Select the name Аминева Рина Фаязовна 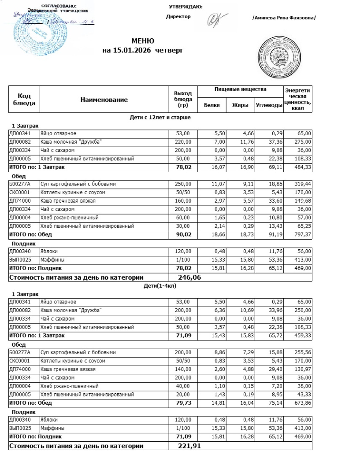[x=284, y=18]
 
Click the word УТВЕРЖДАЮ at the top [x=186, y=7]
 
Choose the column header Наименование [x=104, y=100]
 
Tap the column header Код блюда [x=24, y=100]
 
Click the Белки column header [x=212, y=105]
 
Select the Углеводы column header [x=269, y=105]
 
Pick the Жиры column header [x=240, y=105]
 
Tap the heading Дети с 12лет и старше [x=159, y=117]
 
